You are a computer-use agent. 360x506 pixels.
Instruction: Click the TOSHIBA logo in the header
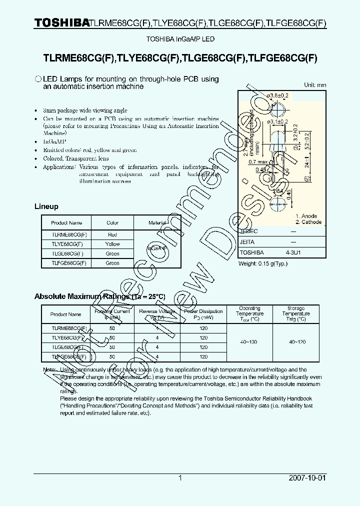tap(62, 23)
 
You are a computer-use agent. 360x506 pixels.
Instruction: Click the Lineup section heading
tap(46, 206)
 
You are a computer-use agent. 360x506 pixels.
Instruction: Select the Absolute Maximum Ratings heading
tap(99, 296)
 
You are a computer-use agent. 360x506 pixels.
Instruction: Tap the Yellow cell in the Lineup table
tap(112, 244)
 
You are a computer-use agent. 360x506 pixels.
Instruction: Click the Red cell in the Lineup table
tap(112, 234)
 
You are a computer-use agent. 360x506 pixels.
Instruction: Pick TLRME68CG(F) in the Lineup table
tap(69, 234)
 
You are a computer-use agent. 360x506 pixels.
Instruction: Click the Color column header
tap(112, 223)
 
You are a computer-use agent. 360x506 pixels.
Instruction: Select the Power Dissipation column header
tap(203, 314)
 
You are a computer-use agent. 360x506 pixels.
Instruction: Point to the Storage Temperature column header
tap(296, 314)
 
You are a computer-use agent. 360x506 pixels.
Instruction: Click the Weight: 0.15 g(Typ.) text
tap(263, 263)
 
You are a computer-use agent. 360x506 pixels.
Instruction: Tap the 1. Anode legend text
tap(306, 216)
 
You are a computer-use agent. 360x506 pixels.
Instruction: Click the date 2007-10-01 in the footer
tap(307, 478)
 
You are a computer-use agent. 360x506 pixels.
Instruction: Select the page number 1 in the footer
tap(180, 478)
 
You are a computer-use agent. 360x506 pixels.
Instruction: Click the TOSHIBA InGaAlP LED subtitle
tap(180, 39)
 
